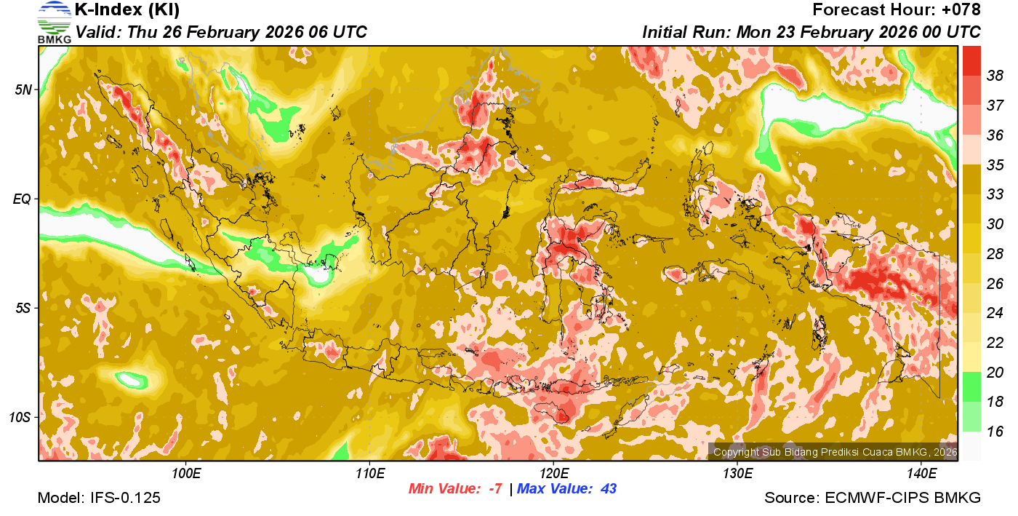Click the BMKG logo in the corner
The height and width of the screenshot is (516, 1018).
click(x=54, y=23)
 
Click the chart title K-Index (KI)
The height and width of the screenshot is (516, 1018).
click(x=127, y=10)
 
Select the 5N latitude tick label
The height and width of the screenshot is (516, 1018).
click(x=23, y=90)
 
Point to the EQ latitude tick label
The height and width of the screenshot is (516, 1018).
click(x=23, y=199)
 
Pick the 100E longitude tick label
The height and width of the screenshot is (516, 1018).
click(x=186, y=474)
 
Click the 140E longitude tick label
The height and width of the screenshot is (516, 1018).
click(x=921, y=474)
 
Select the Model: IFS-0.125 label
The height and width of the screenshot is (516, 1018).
click(x=99, y=499)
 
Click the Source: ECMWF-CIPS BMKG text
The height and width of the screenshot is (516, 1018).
click(x=873, y=499)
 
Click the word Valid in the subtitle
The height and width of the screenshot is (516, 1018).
click(x=97, y=33)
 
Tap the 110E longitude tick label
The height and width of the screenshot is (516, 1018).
click(x=369, y=474)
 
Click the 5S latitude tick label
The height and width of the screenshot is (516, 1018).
click(x=23, y=308)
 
